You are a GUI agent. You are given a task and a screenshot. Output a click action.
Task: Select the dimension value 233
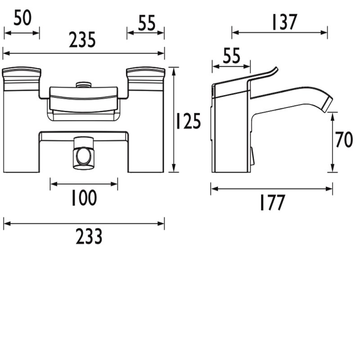pos(89,236)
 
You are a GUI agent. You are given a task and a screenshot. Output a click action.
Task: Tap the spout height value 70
pos(345,141)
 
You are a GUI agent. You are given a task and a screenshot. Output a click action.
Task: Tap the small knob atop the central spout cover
pos(83,84)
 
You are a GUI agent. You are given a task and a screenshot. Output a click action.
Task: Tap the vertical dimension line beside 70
pos(333,142)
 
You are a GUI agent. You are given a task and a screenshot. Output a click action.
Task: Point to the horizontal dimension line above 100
pos(84,183)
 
